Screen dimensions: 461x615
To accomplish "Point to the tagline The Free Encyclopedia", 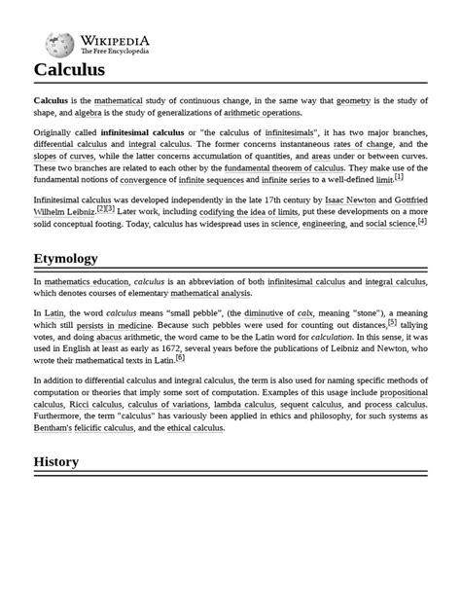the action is [115, 51].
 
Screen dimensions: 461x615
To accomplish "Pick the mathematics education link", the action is [87, 280].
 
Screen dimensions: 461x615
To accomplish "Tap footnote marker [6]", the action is [180, 358].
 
